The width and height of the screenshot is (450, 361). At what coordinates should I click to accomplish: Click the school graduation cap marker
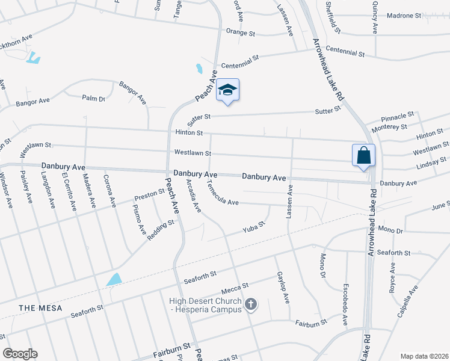[227, 90]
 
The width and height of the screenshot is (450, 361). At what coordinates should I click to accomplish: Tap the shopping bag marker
[364, 155]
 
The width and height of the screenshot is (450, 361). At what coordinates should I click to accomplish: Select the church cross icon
[251, 305]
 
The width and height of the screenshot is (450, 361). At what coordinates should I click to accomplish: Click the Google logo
[20, 354]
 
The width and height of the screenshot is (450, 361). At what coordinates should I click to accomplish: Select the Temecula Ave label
[223, 194]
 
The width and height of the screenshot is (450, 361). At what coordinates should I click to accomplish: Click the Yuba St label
[253, 227]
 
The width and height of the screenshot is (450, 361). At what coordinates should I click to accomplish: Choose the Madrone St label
[404, 16]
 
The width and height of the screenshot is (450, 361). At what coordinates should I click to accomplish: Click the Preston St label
[149, 194]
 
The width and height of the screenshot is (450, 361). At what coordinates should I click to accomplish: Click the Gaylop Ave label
[283, 287]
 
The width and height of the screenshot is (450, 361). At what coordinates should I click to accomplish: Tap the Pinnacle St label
[399, 114]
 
